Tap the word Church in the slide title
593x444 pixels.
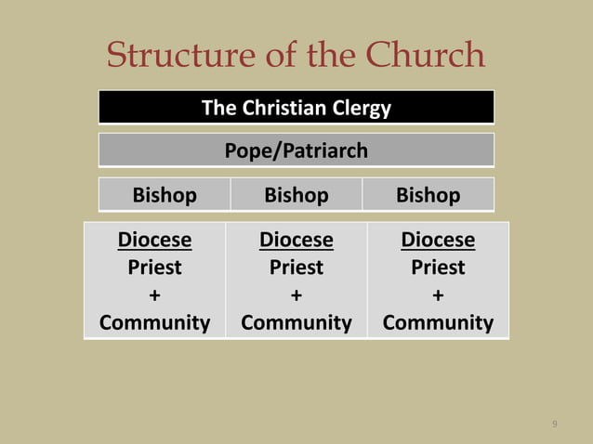430,56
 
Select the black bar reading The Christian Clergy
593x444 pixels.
296,108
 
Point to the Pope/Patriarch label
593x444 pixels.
296,150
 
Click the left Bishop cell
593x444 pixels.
165,195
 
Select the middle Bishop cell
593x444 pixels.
296,195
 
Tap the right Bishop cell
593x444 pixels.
428,195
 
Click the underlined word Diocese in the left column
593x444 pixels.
154,241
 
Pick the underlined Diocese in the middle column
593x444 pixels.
296,241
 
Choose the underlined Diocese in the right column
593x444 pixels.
438,241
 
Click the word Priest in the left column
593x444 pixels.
154,268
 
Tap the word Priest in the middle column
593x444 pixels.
296,268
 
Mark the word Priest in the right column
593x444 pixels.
438,268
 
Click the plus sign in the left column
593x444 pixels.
154,295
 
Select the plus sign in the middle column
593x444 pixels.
296,295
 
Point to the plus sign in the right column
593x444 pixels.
438,295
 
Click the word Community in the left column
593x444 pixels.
154,323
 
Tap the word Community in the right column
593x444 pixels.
438,323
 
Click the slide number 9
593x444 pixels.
555,424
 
